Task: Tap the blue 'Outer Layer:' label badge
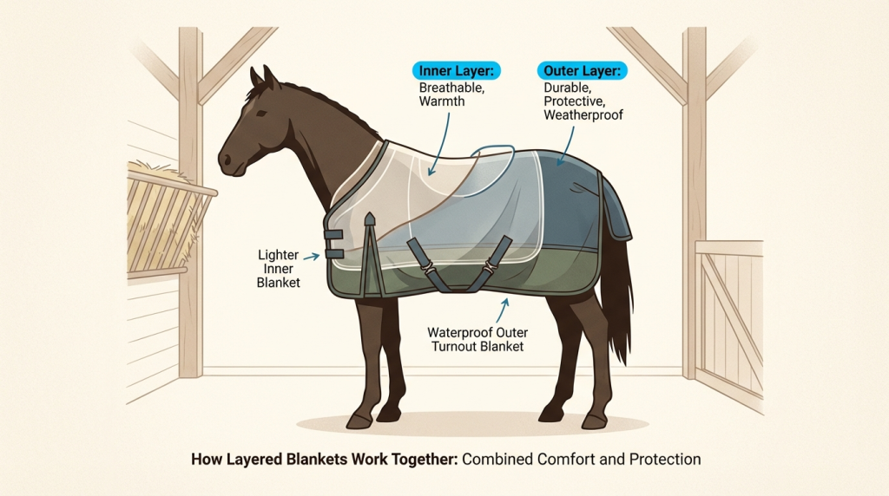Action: click(580, 70)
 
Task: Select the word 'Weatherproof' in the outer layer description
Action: click(583, 115)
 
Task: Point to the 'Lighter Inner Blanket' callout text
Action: click(279, 269)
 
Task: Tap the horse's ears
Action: click(261, 80)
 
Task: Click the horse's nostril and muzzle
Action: click(227, 162)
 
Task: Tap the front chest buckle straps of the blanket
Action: click(334, 242)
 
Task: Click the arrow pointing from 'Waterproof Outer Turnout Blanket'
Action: click(506, 309)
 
